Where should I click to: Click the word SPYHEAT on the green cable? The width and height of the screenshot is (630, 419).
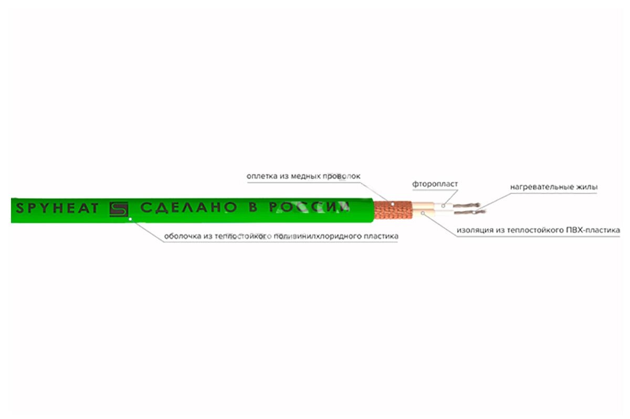(57, 208)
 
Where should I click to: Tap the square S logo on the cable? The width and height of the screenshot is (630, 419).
(119, 209)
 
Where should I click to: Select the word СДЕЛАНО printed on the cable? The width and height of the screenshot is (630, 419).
(188, 207)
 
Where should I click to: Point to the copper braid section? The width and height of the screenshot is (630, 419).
(393, 210)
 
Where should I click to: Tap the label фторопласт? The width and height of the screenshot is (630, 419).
(435, 184)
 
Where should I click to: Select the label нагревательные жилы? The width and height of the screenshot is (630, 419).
(554, 187)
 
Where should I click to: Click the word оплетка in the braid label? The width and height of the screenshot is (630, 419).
(262, 176)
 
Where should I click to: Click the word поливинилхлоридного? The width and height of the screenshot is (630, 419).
(318, 236)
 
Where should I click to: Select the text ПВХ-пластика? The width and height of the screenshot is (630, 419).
(593, 230)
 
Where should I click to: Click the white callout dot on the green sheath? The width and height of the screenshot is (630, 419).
(130, 219)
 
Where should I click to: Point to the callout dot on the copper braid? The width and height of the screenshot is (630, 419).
(393, 203)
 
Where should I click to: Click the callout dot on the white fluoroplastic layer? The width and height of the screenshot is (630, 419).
(443, 206)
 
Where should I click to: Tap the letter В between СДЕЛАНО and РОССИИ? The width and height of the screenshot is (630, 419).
(253, 207)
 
